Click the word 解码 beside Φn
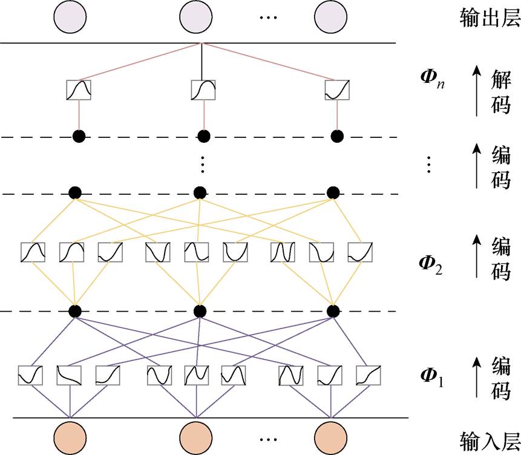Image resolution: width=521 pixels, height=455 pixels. click(500, 91)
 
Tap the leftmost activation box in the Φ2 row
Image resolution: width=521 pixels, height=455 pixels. click(31, 252)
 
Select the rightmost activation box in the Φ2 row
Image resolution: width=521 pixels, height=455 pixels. click(358, 252)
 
